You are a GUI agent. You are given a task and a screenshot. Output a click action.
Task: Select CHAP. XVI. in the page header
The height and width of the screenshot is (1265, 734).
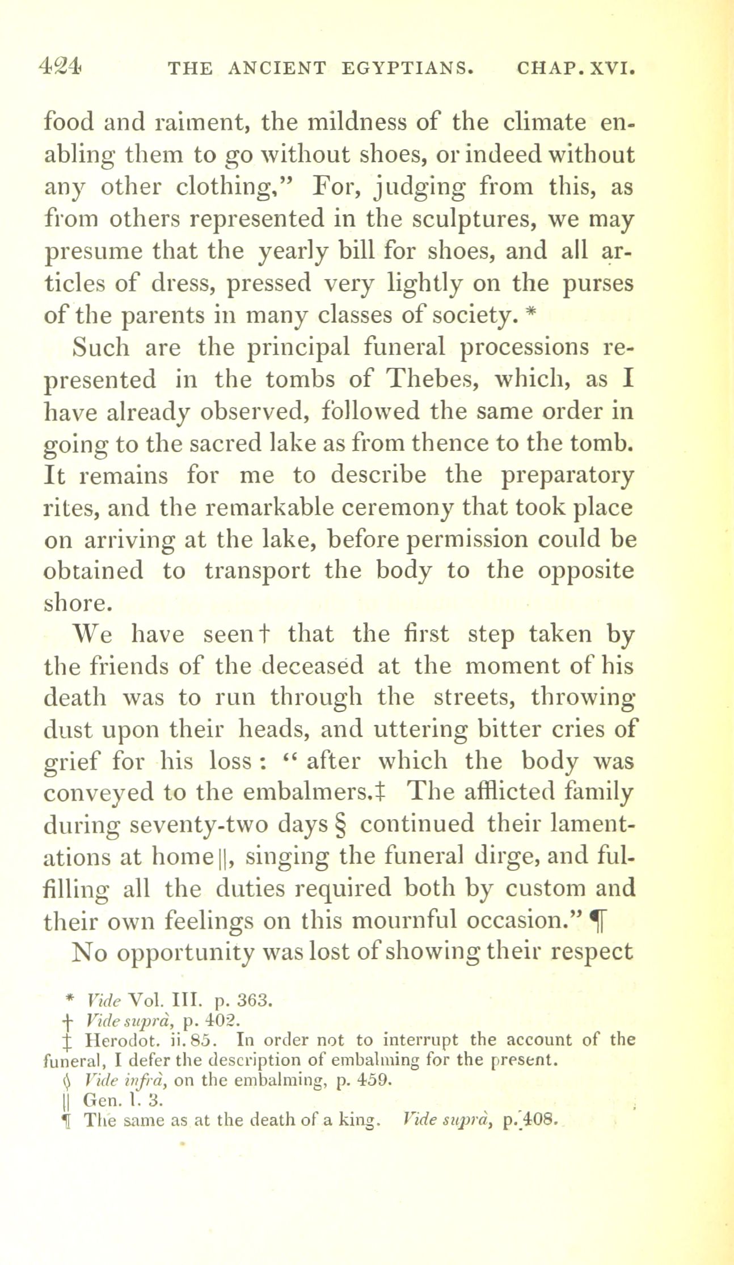(573, 69)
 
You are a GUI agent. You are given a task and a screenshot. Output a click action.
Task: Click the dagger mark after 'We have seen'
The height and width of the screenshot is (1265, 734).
(262, 635)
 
